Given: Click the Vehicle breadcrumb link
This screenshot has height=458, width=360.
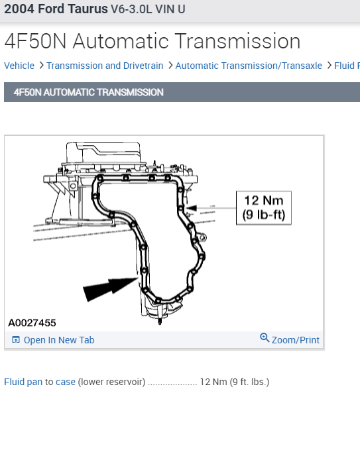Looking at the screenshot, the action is point(19,66).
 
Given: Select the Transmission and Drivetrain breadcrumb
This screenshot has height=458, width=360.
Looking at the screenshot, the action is point(105,66).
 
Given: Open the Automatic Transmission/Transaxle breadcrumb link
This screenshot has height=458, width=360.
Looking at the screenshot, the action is point(249,66).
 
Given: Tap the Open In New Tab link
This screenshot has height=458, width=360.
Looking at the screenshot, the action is point(59,340).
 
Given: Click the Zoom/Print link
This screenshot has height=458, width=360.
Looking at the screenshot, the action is point(296,340).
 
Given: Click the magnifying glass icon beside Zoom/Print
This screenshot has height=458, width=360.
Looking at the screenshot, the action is point(265,337).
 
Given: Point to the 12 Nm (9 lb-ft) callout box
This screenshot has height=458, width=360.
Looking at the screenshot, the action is point(264,208).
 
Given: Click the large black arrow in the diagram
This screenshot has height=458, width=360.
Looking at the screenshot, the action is point(111,288).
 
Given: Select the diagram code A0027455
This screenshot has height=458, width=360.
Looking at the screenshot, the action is point(32,323).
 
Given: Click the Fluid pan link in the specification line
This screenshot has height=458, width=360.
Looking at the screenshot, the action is point(23,382).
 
